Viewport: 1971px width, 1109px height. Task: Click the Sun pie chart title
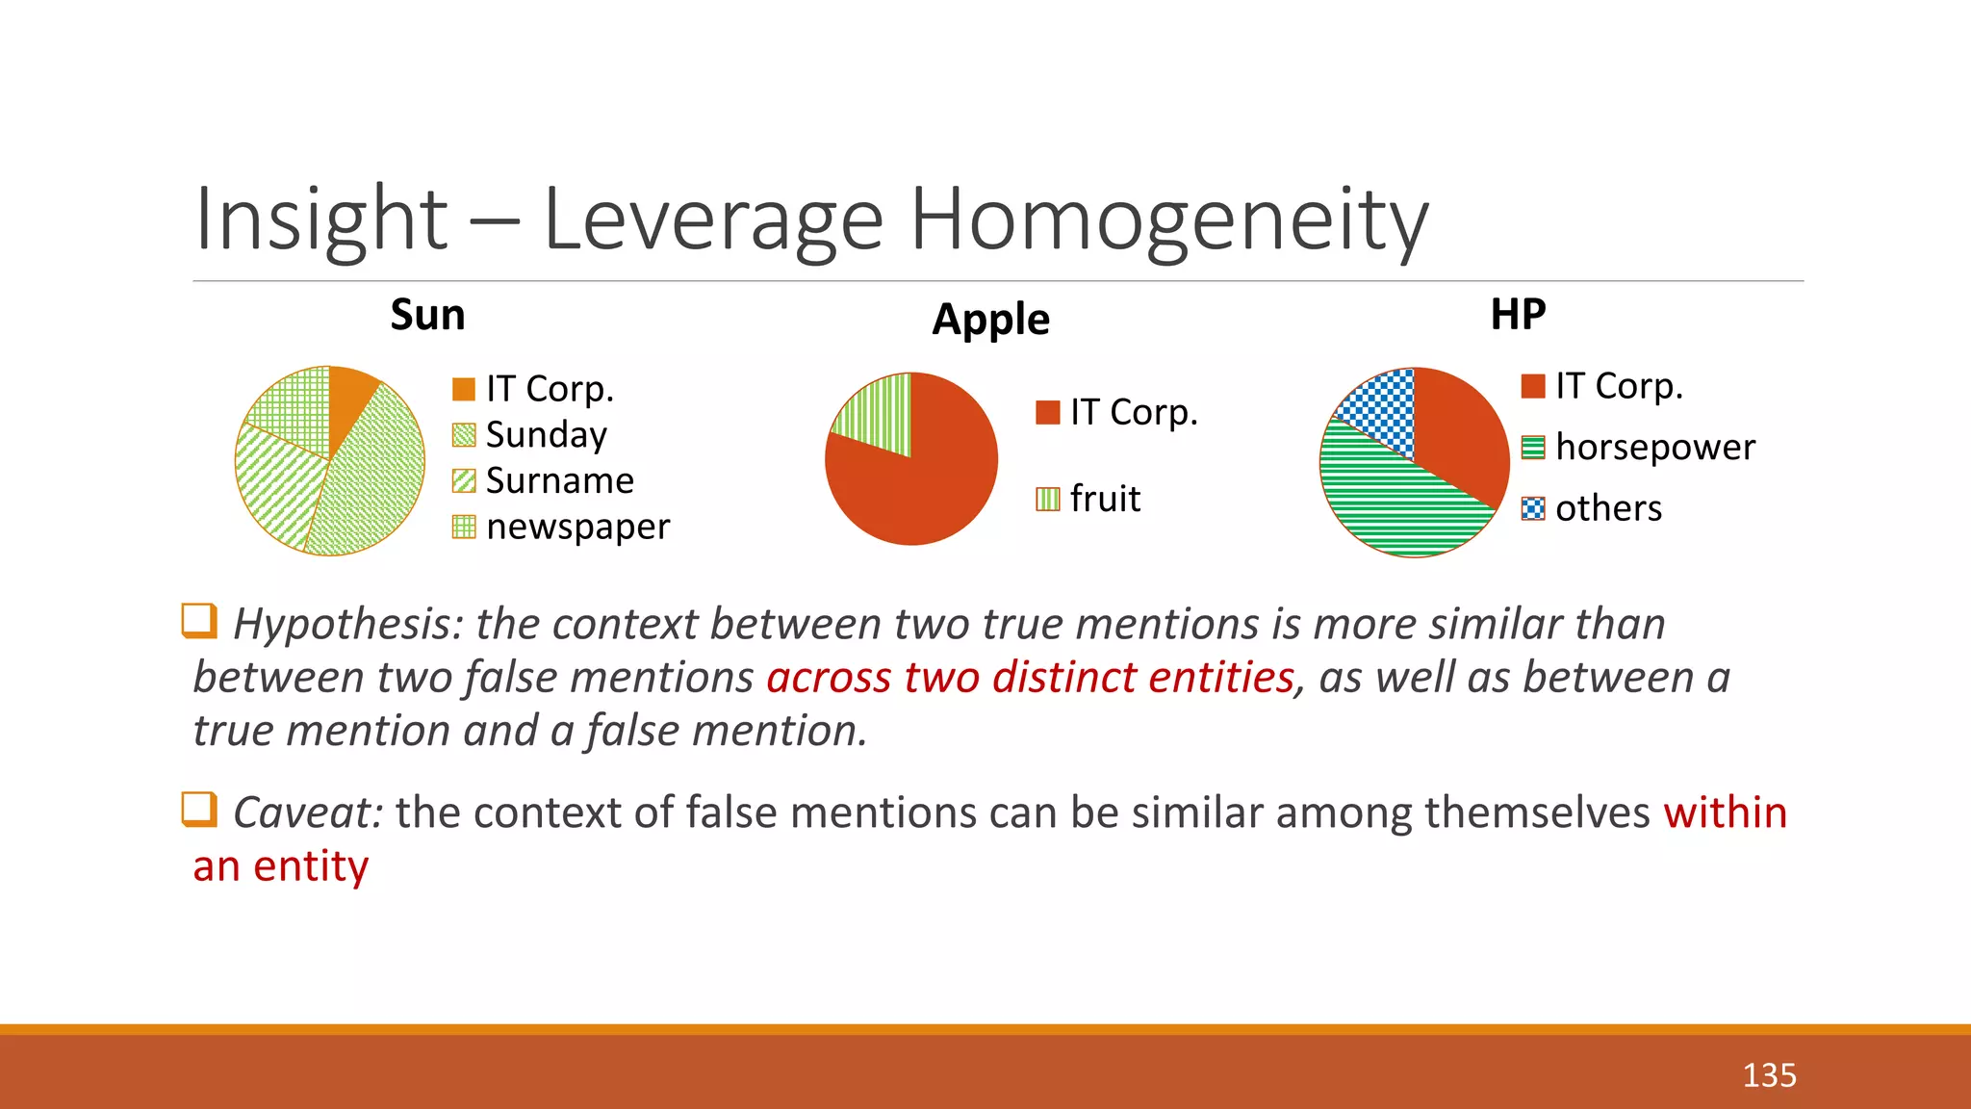427,315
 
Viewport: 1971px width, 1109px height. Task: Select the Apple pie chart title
990,320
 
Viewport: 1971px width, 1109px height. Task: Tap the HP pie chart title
1518,314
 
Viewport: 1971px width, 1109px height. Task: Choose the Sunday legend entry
546,435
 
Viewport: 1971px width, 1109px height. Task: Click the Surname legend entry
559,480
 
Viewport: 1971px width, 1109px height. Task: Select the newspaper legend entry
577,527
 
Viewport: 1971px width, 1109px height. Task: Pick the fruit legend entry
1104,499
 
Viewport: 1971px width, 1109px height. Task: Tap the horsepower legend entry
1654,448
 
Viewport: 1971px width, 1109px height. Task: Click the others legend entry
1608,508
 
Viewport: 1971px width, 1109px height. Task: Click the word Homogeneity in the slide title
1168,219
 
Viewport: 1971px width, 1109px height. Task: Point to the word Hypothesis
348,624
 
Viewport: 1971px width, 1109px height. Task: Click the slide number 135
1769,1075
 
